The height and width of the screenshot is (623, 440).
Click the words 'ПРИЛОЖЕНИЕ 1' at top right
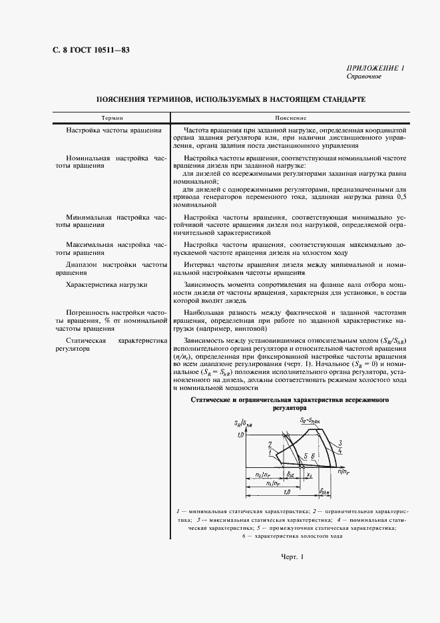[376, 69]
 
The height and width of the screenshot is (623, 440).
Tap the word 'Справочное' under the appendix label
[364, 77]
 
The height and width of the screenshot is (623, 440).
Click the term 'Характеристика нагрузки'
[107, 285]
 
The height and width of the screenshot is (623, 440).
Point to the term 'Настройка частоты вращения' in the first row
[114, 130]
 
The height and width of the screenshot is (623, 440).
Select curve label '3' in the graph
[339, 443]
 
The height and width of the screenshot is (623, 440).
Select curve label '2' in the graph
[269, 444]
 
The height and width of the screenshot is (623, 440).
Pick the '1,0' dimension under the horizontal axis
[286, 492]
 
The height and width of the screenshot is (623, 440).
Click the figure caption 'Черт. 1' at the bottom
[292, 557]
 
